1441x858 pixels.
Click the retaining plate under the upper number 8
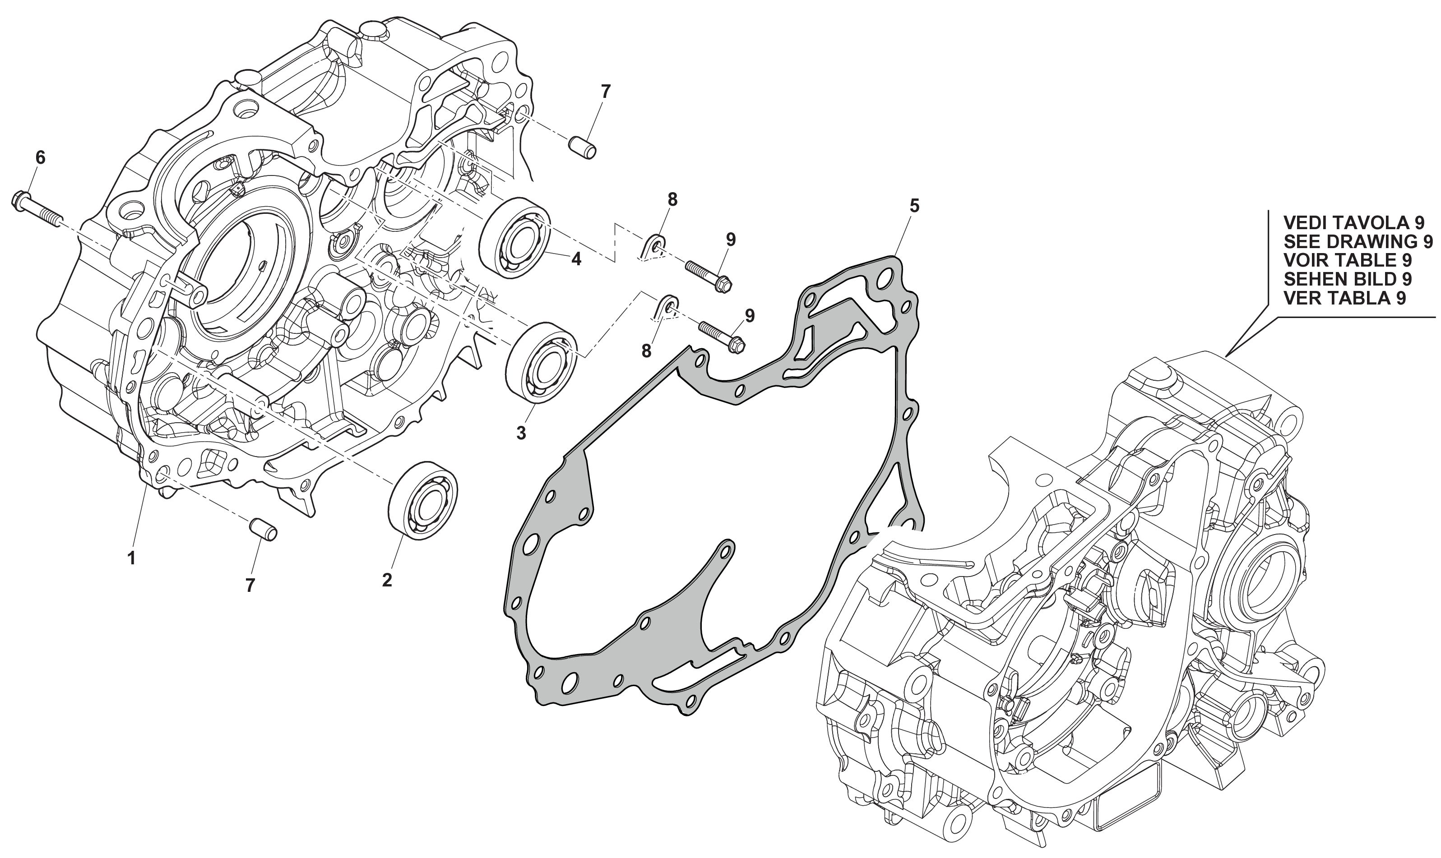[654, 247]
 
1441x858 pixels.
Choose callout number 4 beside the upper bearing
[576, 259]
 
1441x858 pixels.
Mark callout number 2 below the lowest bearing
[387, 580]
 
